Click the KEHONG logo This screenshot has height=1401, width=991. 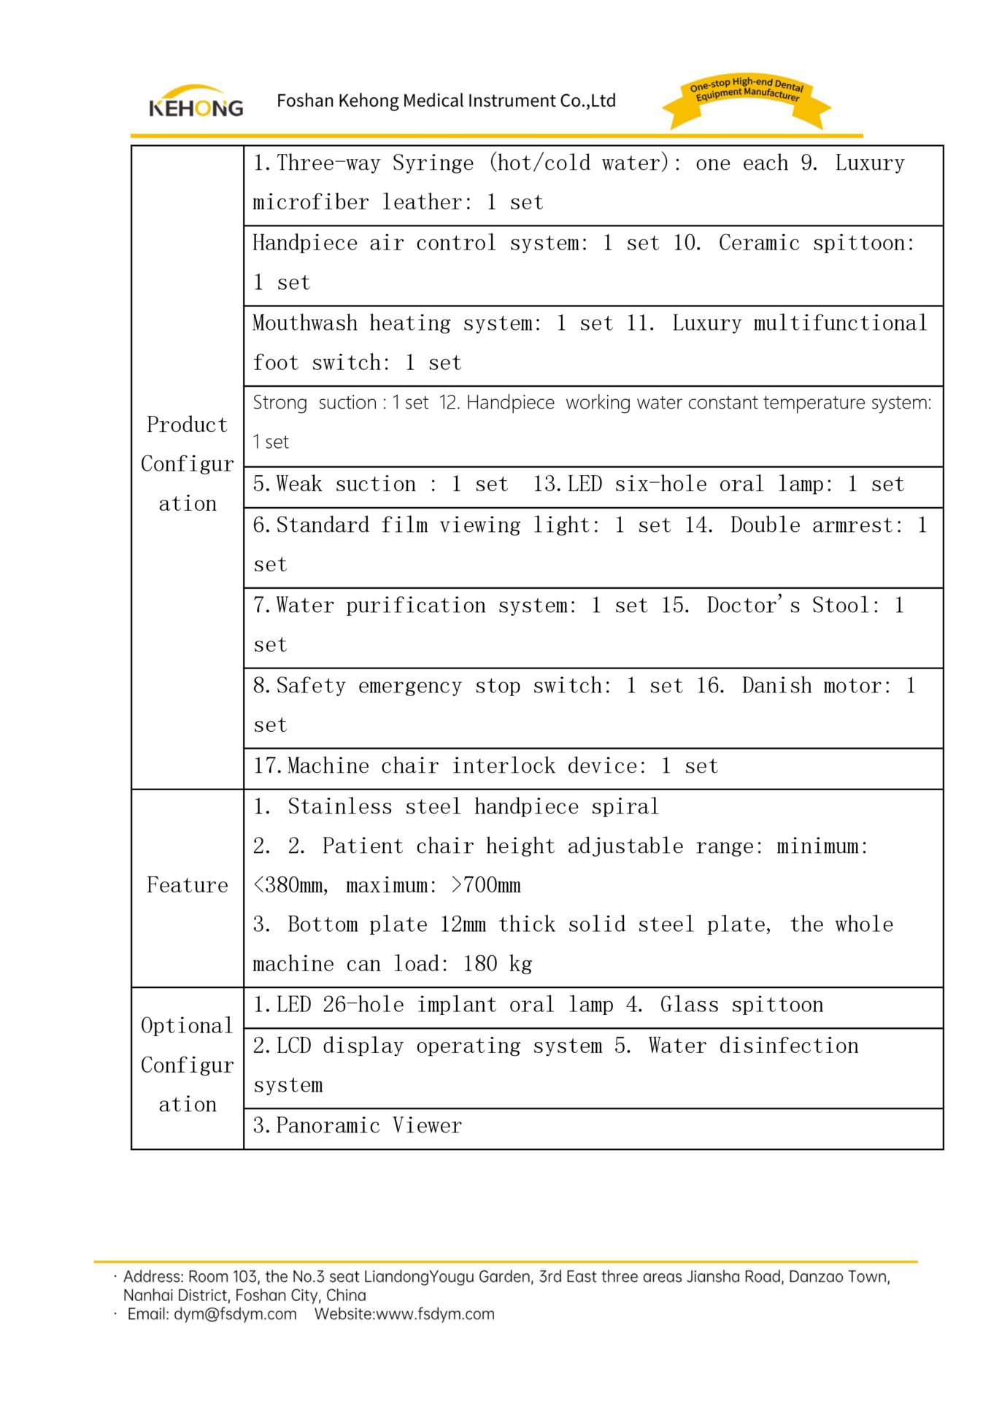(x=196, y=103)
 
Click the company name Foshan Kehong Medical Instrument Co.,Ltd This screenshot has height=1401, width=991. (x=446, y=101)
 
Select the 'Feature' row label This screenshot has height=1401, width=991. (x=188, y=885)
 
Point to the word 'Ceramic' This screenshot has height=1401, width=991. (x=759, y=243)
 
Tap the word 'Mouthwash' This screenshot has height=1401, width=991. (x=305, y=323)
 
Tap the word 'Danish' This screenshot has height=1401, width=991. (x=776, y=686)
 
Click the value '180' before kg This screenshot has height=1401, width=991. (x=480, y=965)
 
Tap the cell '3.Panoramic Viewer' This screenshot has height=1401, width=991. (x=358, y=1126)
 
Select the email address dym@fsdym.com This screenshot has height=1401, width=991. (x=235, y=1314)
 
